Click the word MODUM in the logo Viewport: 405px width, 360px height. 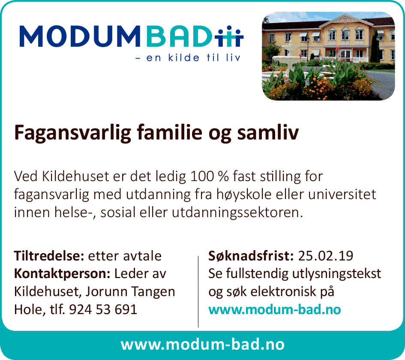click(x=80, y=36)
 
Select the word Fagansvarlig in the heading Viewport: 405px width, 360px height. click(x=73, y=133)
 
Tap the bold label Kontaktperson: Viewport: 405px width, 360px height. click(x=63, y=274)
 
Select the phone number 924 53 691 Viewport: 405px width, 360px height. click(x=103, y=309)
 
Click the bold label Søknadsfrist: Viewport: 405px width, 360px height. click(x=251, y=256)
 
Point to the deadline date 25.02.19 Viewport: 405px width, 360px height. click(x=325, y=256)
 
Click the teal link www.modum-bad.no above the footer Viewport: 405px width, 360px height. click(x=275, y=309)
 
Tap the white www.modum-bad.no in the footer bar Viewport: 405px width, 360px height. click(x=202, y=345)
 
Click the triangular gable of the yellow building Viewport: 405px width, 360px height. click(x=345, y=20)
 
